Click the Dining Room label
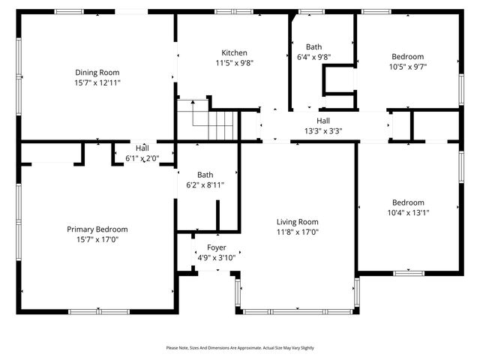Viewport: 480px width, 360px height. pyautogui.click(x=97, y=72)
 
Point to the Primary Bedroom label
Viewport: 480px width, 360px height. pyautogui.click(x=97, y=229)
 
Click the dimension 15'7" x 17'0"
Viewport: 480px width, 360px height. pyautogui.click(x=97, y=239)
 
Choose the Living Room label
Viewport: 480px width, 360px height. pyautogui.click(x=297, y=222)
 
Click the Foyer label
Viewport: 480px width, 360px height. pyautogui.click(x=216, y=247)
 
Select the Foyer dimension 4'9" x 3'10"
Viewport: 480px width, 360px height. pyautogui.click(x=216, y=257)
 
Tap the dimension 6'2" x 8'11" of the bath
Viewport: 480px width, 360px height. pyautogui.click(x=205, y=184)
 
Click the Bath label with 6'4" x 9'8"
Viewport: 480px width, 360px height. pyautogui.click(x=313, y=46)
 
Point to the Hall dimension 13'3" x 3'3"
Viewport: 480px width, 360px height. pyautogui.click(x=322, y=130)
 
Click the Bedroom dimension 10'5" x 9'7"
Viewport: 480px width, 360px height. pyautogui.click(x=407, y=66)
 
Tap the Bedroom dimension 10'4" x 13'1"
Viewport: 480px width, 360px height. pyautogui.click(x=407, y=212)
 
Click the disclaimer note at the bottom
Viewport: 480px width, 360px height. pyautogui.click(x=240, y=348)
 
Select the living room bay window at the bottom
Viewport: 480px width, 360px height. pyautogui.click(x=298, y=310)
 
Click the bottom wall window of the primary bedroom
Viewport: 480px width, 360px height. pyautogui.click(x=97, y=310)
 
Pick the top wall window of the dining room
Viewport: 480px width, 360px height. pyautogui.click(x=70, y=11)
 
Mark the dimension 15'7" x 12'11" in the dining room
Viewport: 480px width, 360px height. pyautogui.click(x=97, y=82)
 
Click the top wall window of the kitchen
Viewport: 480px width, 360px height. pyautogui.click(x=228, y=11)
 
